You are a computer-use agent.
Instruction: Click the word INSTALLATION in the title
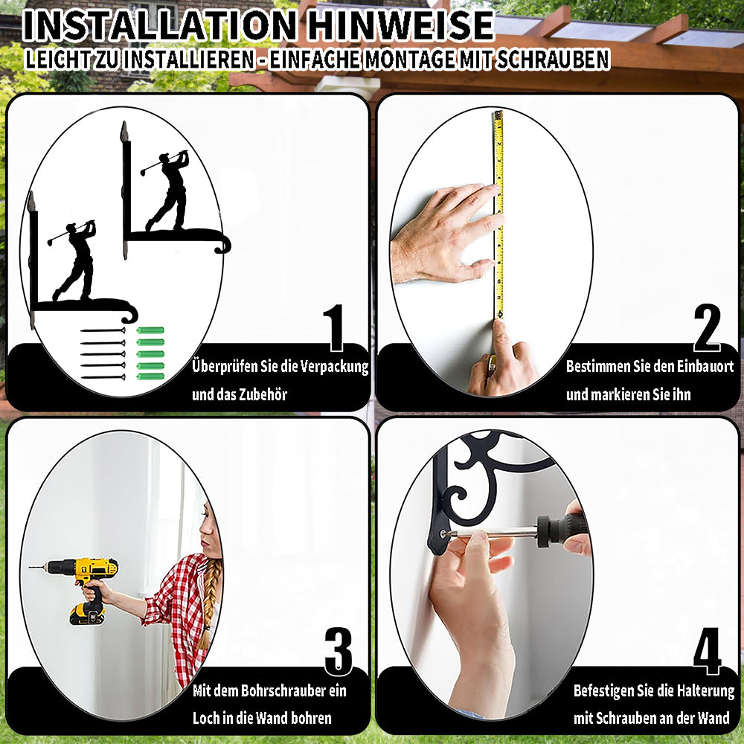[x=159, y=25]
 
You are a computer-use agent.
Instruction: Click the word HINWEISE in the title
[x=400, y=25]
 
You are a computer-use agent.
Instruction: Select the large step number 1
[x=335, y=327]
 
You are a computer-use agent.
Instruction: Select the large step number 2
[x=707, y=327]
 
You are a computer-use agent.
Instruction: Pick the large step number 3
[x=339, y=651]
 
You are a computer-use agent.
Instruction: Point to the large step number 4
[x=708, y=650]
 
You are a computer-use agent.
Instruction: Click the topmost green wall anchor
[x=150, y=330]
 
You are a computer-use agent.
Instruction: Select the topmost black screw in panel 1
[x=103, y=330]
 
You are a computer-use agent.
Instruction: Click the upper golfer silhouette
[x=172, y=190]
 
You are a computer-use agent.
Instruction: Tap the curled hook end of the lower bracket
[x=129, y=313]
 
